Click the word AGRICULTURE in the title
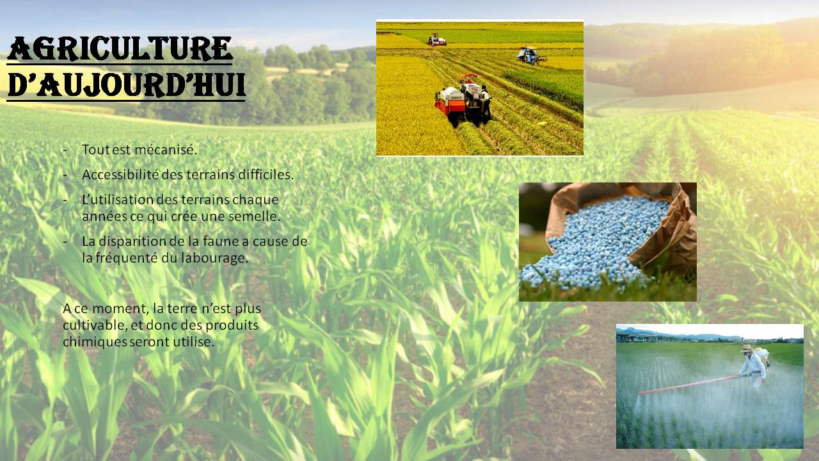point(120,49)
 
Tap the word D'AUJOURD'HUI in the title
point(126,85)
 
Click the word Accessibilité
point(120,175)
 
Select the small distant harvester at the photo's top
point(437,40)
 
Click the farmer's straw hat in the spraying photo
point(747,348)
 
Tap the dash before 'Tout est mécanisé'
point(65,150)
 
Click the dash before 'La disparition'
point(65,242)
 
